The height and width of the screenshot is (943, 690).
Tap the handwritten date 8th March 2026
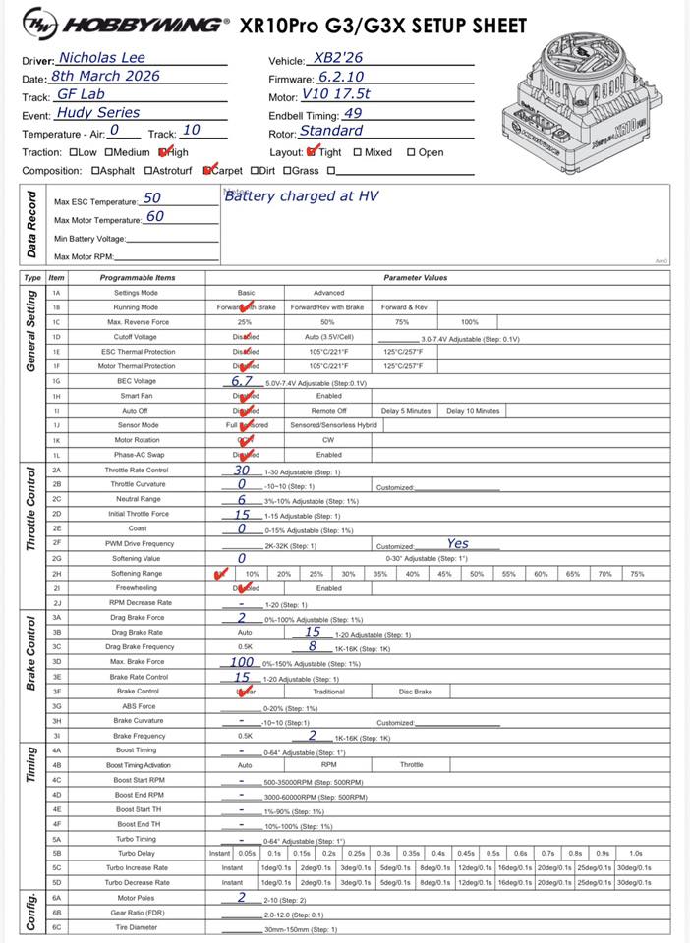pyautogui.click(x=105, y=76)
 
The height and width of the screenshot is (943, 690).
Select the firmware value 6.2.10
pyautogui.click(x=342, y=77)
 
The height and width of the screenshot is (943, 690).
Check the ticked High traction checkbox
pyautogui.click(x=163, y=152)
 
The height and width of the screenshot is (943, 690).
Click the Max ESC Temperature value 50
pyautogui.click(x=152, y=198)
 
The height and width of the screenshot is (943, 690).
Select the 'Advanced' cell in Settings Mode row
pyautogui.click(x=328, y=293)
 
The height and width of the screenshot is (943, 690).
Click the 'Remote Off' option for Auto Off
pyautogui.click(x=328, y=410)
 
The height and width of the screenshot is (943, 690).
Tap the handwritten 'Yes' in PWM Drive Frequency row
pyautogui.click(x=457, y=543)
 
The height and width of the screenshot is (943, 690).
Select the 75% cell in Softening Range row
pyautogui.click(x=637, y=574)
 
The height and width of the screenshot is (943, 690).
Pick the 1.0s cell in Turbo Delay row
pyautogui.click(x=635, y=853)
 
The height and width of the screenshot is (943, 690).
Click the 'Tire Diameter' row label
pyautogui.click(x=138, y=928)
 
